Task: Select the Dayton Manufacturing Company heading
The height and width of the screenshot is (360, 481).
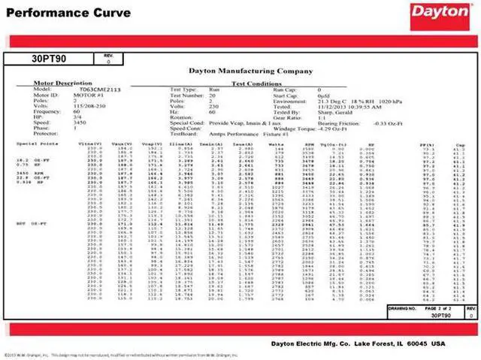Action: [240, 71]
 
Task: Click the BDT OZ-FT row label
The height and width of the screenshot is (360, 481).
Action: [29, 224]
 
